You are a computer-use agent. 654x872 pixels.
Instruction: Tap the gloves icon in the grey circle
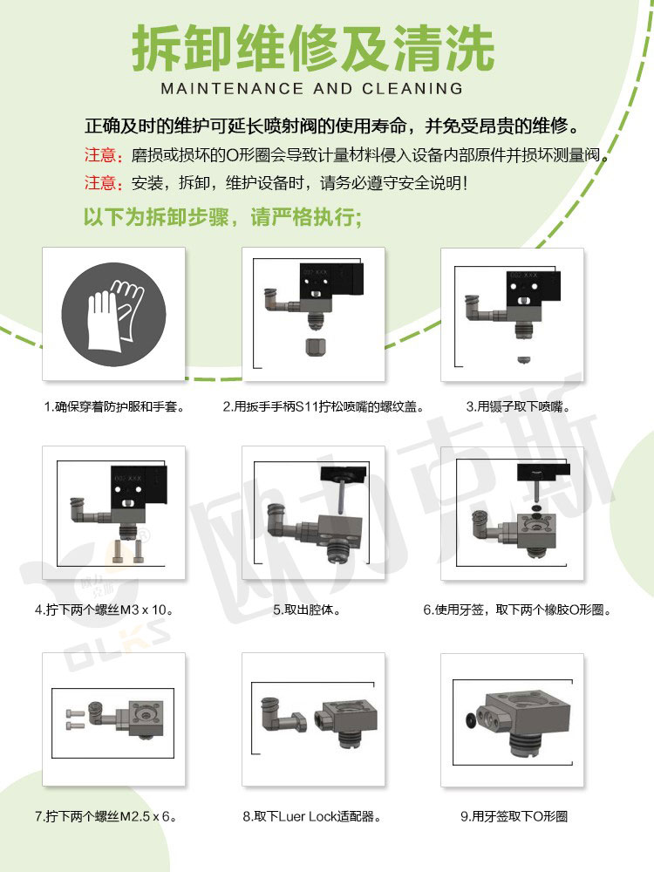[113, 313]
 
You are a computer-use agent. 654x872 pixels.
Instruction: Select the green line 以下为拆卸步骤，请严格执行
[221, 217]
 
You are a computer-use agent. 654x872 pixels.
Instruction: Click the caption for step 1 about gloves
[114, 406]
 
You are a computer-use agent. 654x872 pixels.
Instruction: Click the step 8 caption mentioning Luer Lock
[312, 817]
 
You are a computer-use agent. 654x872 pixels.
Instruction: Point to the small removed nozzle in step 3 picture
[522, 358]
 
